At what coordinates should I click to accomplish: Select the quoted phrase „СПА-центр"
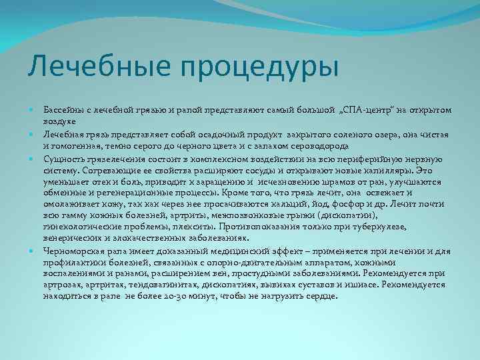pyautogui.click(x=375, y=109)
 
